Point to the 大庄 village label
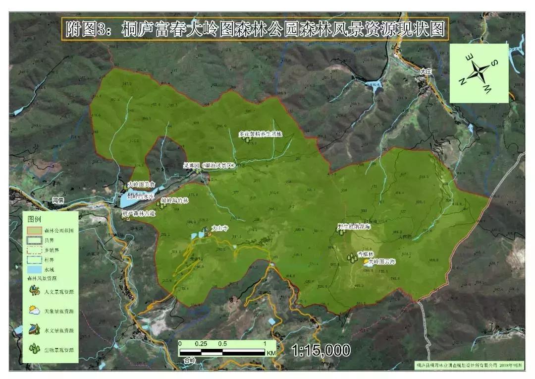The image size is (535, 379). [425, 71]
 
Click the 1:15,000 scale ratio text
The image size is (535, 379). [321, 350]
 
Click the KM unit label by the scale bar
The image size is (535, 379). [270, 353]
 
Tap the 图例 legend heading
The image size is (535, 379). [34, 218]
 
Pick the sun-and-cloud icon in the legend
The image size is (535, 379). [34, 310]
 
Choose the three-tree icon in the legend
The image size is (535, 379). [34, 349]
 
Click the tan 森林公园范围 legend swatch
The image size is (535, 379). [34, 231]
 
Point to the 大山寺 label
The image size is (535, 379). [219, 228]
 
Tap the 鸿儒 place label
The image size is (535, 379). [58, 200]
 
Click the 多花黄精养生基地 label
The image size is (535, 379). [260, 134]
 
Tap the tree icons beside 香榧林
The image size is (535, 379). [352, 257]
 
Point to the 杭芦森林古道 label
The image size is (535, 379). [139, 214]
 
